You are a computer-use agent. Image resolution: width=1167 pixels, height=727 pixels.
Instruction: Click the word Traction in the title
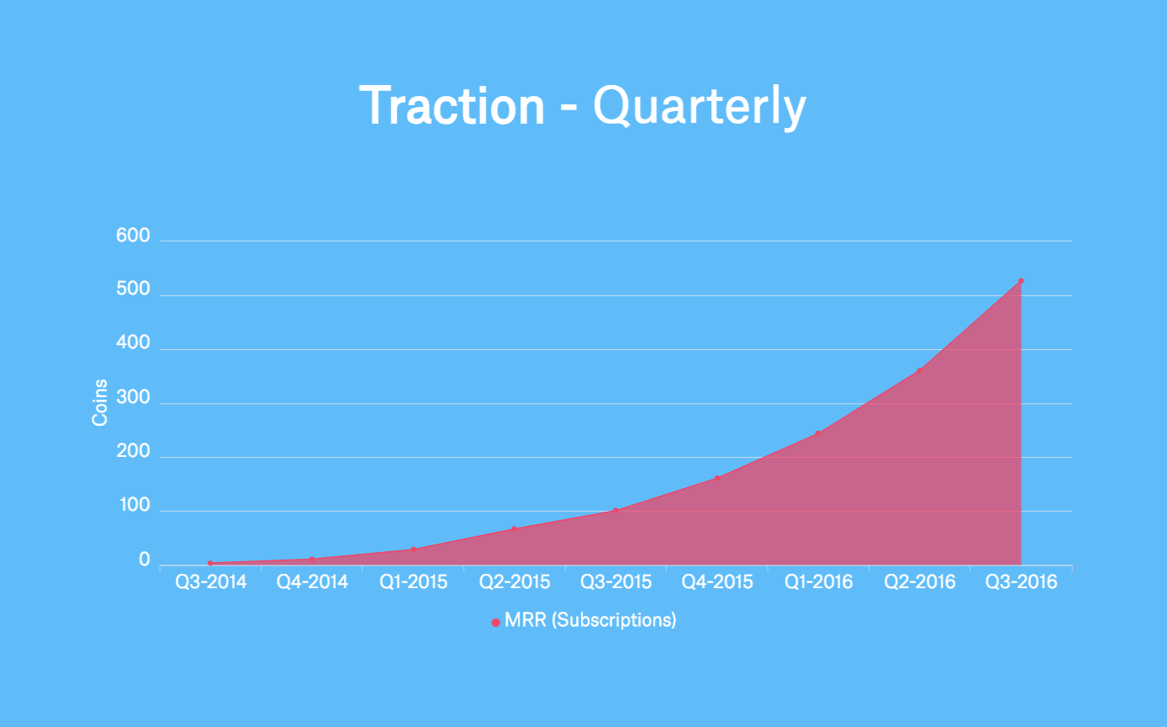[452, 106]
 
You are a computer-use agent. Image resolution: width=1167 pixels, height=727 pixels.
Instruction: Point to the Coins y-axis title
[100, 402]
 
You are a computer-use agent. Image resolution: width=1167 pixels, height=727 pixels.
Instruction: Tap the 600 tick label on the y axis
[133, 236]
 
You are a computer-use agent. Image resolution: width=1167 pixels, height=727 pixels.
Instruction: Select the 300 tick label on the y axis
[133, 399]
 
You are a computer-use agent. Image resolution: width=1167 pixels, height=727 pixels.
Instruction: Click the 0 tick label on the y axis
[145, 560]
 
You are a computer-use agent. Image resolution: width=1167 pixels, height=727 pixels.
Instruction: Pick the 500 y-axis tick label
[133, 290]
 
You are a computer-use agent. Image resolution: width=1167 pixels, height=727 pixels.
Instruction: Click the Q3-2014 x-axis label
[211, 582]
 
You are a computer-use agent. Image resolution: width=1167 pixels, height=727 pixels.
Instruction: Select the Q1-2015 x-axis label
[413, 582]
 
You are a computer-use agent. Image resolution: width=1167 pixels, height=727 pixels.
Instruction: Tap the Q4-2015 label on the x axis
[717, 582]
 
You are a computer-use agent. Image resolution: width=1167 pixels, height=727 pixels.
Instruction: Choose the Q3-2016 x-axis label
[1021, 582]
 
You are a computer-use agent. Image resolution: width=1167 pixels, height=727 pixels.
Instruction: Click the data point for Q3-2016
[1021, 281]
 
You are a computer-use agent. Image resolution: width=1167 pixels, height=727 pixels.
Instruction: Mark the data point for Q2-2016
[920, 370]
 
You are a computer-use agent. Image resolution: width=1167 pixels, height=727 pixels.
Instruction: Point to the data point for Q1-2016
[818, 433]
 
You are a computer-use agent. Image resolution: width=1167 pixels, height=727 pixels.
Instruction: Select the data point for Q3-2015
[615, 510]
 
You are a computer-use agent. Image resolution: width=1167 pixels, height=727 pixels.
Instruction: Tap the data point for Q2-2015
[514, 528]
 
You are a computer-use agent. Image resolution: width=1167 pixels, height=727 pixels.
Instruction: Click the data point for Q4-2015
[717, 478]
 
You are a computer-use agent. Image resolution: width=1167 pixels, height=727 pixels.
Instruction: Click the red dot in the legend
[495, 623]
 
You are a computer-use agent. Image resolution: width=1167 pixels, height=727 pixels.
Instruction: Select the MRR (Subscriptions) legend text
[590, 621]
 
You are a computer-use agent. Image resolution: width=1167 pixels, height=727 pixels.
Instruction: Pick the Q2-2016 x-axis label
[920, 582]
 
